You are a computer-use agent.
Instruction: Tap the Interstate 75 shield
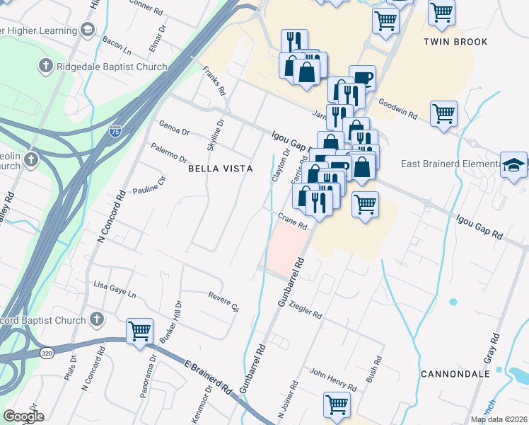[115, 131]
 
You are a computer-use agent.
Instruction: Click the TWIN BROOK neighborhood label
[455, 42]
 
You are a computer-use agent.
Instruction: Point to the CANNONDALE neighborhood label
[450, 373]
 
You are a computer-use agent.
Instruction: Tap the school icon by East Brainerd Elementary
[513, 165]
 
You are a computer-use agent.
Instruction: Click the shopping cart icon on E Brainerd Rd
[140, 330]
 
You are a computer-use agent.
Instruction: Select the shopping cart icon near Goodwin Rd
[443, 111]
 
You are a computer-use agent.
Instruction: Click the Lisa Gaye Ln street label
[115, 285]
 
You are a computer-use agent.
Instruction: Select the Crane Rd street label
[292, 222]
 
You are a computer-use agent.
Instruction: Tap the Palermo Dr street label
[168, 152]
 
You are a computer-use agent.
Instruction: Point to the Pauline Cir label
[149, 186]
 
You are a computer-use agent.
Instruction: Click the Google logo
[23, 416]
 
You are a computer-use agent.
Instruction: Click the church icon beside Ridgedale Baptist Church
[45, 67]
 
